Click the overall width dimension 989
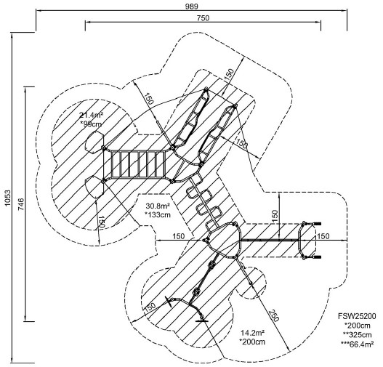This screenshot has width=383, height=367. point(191,7)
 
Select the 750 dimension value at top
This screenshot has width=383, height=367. point(203,18)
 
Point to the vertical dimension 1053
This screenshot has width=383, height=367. point(8,198)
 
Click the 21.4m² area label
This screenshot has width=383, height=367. point(91,115)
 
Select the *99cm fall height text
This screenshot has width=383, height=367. point(91,124)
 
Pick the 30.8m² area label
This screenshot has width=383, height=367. point(158,206)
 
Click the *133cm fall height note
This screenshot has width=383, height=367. point(158,215)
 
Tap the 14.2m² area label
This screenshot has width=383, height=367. point(253,333)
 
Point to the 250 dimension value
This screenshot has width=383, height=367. point(274,315)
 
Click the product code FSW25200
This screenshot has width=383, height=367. point(357,316)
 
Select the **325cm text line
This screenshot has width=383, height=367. point(358,335)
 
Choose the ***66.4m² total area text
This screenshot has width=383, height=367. point(358,344)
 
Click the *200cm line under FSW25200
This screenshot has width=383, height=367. point(358,326)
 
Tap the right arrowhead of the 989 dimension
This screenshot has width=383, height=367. point(344,10)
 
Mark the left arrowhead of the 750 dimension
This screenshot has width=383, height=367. point(88,22)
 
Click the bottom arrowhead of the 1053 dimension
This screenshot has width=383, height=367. point(12,361)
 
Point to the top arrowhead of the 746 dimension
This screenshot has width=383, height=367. point(25,89)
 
